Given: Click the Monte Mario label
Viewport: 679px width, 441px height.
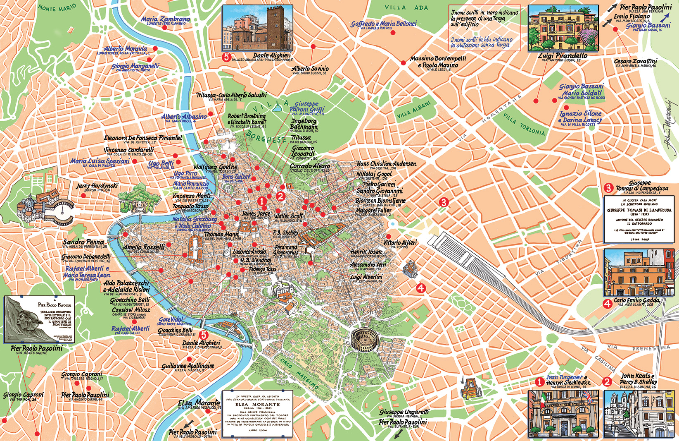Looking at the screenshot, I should (57, 8).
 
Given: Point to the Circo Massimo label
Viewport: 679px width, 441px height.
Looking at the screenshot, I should (297, 373).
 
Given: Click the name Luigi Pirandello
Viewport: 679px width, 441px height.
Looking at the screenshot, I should (563, 55).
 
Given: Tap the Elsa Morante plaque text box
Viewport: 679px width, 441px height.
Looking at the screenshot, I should (257, 413).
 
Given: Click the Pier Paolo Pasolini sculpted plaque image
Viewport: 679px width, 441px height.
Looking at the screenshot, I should (40, 319).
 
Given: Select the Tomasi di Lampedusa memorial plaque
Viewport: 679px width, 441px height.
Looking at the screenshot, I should (638, 219).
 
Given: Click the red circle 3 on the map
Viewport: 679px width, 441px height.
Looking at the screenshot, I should (444, 202).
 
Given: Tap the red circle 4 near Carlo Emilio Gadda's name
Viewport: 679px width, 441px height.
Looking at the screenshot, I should (608, 304).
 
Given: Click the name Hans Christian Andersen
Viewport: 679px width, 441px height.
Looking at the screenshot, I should (386, 164).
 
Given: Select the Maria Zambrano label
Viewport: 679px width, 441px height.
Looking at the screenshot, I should (166, 19).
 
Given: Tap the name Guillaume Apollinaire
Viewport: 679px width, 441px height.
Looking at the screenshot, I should (188, 366).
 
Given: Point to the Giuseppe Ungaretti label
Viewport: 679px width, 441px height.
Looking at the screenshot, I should (404, 412).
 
